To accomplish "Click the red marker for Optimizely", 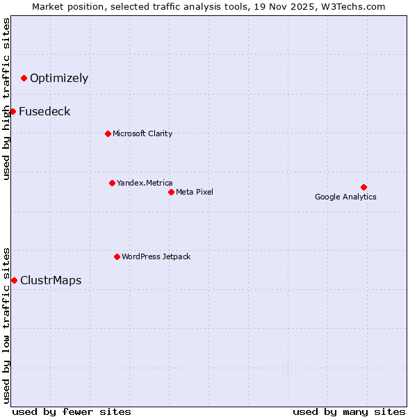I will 24,78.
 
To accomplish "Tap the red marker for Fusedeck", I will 13,111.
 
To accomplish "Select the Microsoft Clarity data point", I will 108,133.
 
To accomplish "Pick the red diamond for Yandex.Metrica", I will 112,183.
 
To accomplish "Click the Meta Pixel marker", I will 171,192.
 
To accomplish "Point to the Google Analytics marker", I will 363,187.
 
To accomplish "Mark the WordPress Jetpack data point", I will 117,256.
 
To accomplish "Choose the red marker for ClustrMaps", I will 14,280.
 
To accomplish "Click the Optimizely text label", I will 59,78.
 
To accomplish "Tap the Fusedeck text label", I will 44,111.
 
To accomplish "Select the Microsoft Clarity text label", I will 142,133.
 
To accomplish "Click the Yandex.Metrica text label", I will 145,183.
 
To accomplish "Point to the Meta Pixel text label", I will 195,192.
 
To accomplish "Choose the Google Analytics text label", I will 345,197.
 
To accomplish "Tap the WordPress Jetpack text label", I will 156,256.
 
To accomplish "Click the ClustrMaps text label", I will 51,280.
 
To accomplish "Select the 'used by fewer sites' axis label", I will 72,411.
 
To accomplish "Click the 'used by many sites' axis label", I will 349,411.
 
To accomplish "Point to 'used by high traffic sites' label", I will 6,99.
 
